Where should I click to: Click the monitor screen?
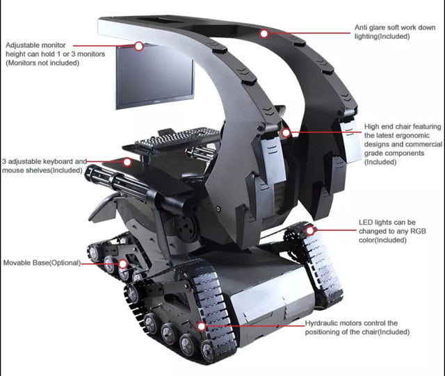click(x=154, y=76)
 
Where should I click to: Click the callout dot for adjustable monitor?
click(x=139, y=47)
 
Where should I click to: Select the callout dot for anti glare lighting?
click(x=264, y=33)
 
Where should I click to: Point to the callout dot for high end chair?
click(x=286, y=133)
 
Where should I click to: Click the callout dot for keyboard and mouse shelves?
click(x=127, y=162)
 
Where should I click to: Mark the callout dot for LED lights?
click(x=310, y=230)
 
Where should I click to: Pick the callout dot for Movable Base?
click(x=122, y=264)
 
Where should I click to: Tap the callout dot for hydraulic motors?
click(x=202, y=327)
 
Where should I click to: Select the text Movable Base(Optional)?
click(x=42, y=263)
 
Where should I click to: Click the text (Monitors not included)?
click(x=42, y=63)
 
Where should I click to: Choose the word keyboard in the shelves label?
click(x=58, y=161)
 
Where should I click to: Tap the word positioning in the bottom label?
click(x=323, y=332)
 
